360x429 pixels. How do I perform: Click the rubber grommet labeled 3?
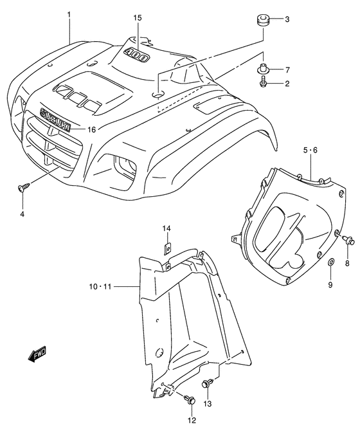tap(262, 19)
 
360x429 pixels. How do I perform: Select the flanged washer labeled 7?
tap(264, 68)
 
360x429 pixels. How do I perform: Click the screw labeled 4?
tap(22, 187)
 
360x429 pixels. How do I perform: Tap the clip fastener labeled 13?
tap(207, 384)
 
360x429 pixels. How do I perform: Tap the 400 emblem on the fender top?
tap(137, 54)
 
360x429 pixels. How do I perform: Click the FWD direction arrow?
tap(37, 353)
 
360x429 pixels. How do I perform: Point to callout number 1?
tap(69, 12)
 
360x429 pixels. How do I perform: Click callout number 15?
tap(138, 18)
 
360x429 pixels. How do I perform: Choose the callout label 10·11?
tap(100, 286)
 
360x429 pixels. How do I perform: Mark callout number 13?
tap(207, 403)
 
